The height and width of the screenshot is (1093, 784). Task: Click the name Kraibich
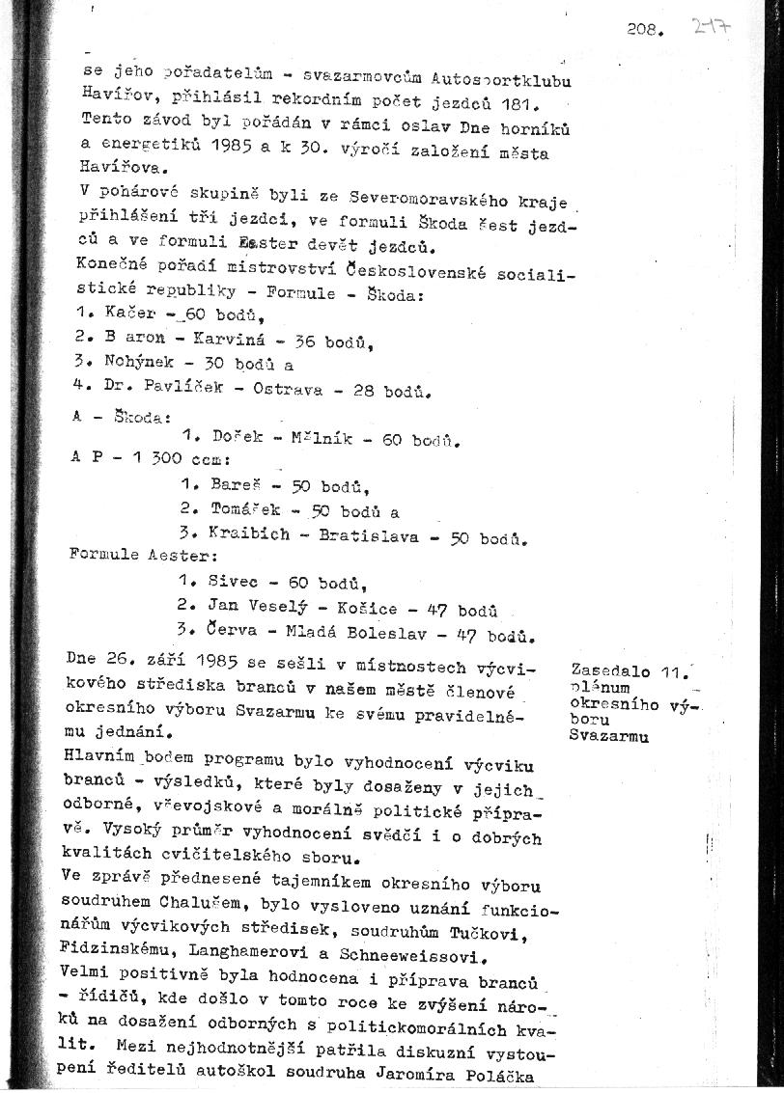[x=248, y=533]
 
